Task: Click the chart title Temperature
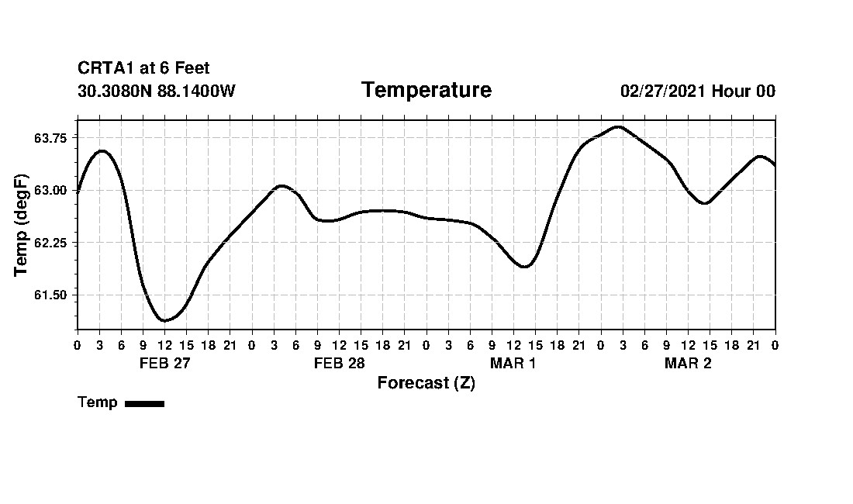coord(426,91)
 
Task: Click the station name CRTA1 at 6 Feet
coord(143,68)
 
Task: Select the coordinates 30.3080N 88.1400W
coord(156,91)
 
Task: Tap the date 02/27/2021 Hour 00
coord(697,91)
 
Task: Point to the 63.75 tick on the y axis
coord(50,138)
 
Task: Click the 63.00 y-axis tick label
coord(50,191)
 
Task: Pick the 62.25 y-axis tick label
coord(50,243)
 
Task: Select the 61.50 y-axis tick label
coord(50,295)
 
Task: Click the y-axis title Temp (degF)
coord(21,226)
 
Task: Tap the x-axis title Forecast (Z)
coord(426,382)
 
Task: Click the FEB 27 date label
coord(164,363)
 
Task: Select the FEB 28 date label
coord(339,363)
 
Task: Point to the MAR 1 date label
coord(513,363)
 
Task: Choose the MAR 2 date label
coord(688,363)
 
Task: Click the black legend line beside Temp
coord(144,403)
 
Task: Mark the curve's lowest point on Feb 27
coord(164,320)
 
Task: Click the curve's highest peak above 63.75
coord(618,126)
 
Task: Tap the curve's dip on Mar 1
coord(525,267)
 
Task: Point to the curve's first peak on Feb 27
coord(102,150)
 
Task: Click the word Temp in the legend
coord(98,402)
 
